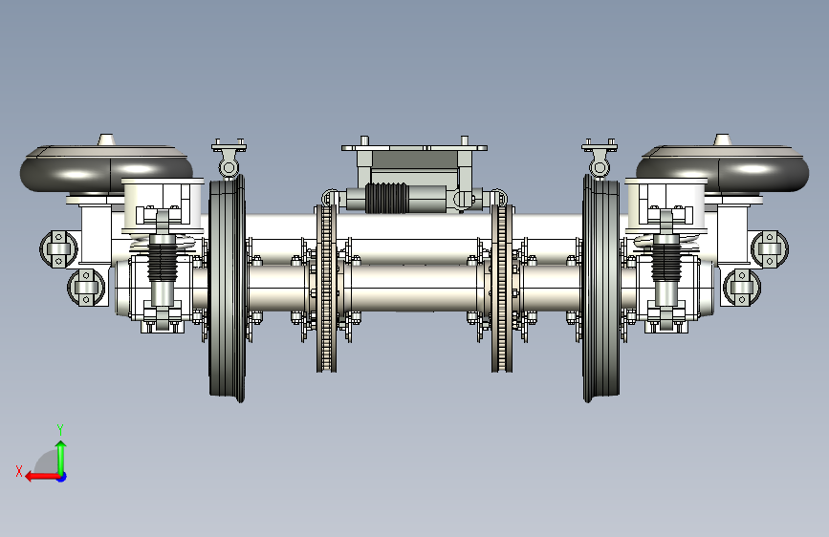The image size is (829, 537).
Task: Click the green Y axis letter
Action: coord(60,429)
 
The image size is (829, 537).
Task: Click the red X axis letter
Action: coord(19,471)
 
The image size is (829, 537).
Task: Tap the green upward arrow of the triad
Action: coord(61,458)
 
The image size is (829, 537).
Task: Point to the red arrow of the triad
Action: coord(43,477)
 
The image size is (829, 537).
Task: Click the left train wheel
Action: coord(228,289)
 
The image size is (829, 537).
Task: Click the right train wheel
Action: coord(601,289)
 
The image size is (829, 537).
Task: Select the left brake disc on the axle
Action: coord(327,288)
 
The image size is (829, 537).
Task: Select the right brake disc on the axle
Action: coord(502,288)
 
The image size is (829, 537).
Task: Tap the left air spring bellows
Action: coord(106,170)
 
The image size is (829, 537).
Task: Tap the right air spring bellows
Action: coord(722,170)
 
